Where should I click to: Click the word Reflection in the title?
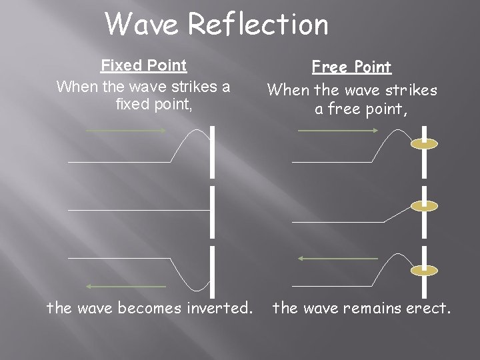point(259,25)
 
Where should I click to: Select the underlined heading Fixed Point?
point(143,65)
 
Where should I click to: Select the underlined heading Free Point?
point(352,67)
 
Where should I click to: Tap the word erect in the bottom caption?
point(427,309)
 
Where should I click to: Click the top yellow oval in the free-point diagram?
point(424,143)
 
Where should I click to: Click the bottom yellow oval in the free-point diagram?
point(424,270)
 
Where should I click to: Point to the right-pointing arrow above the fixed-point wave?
point(126,131)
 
